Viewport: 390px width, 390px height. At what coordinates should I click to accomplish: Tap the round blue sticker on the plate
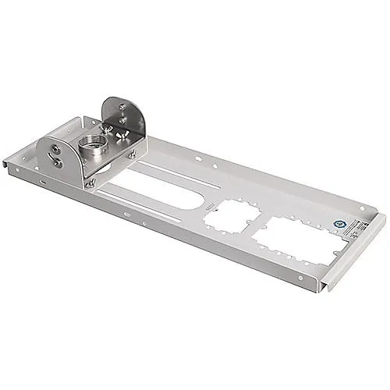[x=335, y=222]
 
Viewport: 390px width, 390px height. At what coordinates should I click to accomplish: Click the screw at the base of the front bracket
[x=91, y=184]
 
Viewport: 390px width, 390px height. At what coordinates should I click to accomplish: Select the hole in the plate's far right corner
[x=360, y=208]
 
